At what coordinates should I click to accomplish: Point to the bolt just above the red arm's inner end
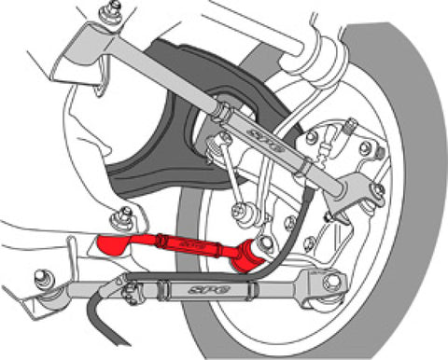tap(119, 219)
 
